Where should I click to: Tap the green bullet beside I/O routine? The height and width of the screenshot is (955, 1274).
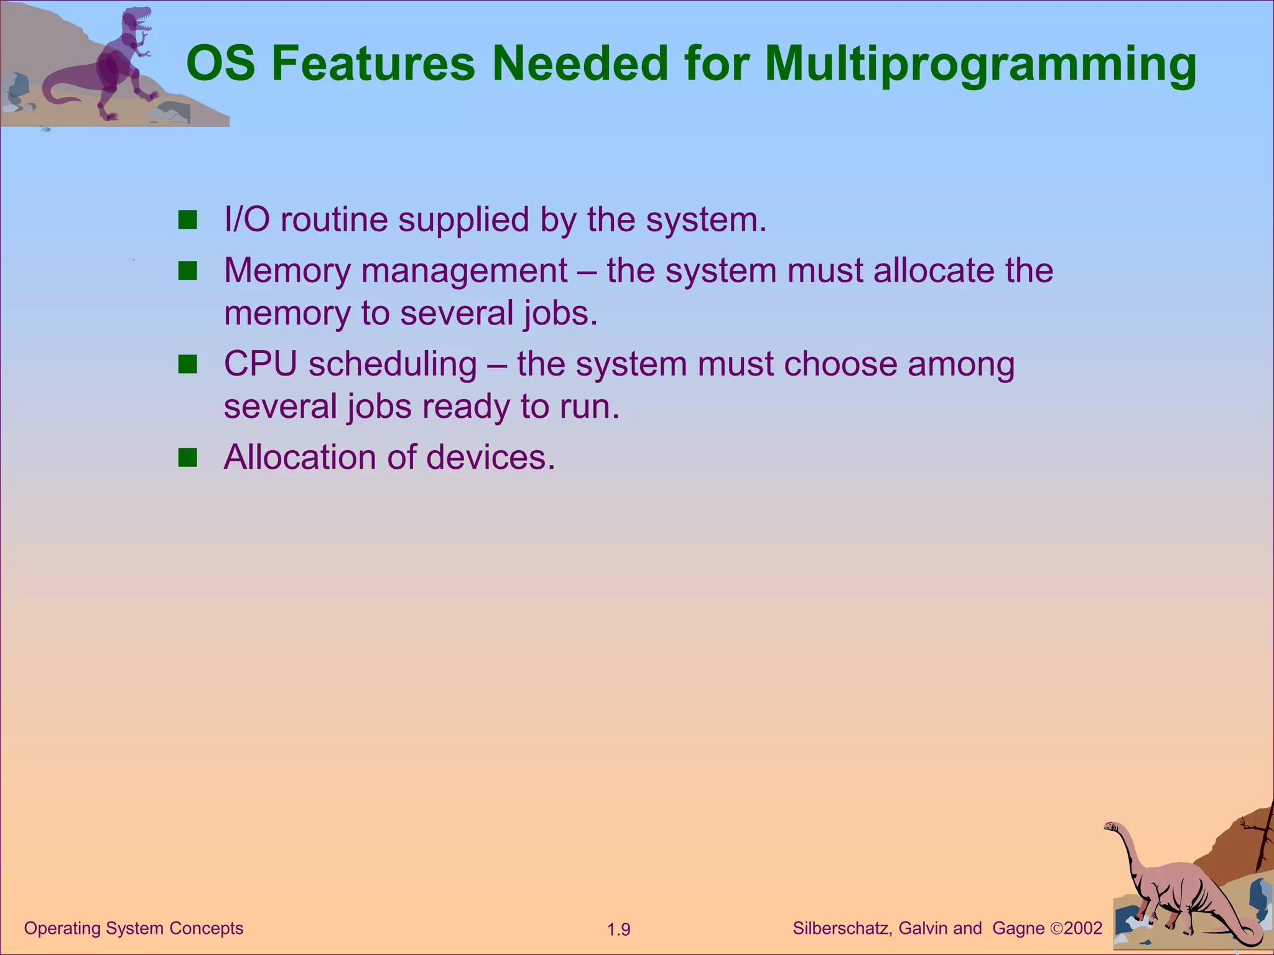coord(187,219)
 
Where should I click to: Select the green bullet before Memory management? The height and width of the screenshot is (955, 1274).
coord(187,271)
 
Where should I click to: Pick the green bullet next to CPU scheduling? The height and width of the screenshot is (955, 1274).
coord(187,364)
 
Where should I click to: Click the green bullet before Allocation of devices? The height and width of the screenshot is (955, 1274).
coord(187,458)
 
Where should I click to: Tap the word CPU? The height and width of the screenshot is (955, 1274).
coord(260,364)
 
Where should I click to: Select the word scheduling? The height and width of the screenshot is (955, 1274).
coord(393,366)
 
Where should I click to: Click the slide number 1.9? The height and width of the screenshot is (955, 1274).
coord(618,930)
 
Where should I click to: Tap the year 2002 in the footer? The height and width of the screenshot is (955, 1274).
coord(1083,928)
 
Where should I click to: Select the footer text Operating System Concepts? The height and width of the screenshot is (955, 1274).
coord(133,928)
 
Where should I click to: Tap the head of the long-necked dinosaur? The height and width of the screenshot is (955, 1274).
coord(1111,826)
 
